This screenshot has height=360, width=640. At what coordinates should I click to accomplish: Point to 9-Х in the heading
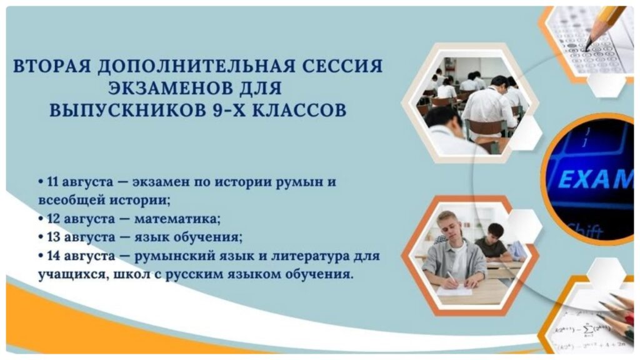coord(230,110)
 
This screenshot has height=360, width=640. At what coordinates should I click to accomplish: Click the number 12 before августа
coord(54,219)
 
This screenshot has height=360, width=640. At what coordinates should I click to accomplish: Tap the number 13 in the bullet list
coord(54,237)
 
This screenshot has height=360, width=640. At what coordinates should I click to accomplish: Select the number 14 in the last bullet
coord(54,256)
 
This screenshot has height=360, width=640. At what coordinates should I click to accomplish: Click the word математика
coord(177,219)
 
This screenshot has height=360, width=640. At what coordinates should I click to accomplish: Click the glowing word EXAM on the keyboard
coord(595,178)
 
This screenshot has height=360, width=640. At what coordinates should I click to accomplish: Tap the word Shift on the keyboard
coord(584,231)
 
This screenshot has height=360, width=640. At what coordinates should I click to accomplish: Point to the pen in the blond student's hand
coord(451,278)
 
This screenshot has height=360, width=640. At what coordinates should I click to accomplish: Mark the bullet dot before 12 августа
coord(41,219)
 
